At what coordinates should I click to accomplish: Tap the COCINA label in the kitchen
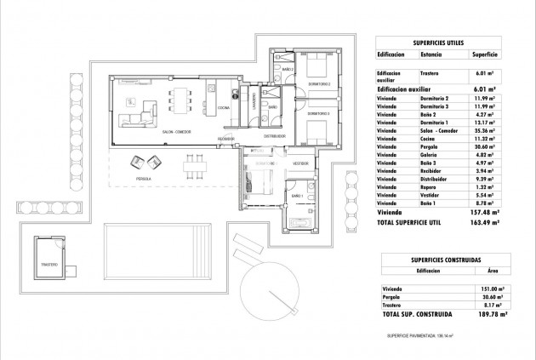click(224, 108)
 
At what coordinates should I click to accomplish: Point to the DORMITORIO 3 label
click(320, 113)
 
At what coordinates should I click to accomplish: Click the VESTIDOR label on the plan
click(299, 163)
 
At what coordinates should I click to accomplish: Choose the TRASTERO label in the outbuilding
click(50, 265)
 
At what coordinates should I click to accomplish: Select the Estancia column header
click(431, 54)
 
